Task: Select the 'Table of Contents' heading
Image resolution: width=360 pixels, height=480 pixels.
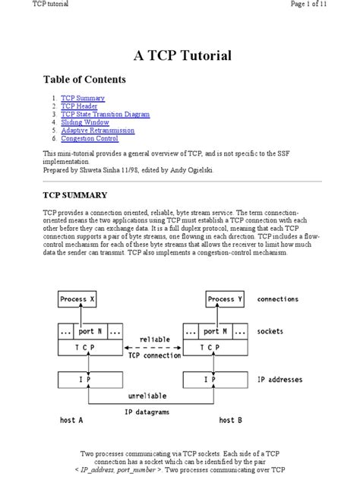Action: [x=84, y=79]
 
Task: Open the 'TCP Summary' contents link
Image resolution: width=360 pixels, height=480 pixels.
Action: [x=83, y=99]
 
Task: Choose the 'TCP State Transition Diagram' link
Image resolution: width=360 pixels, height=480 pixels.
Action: [x=106, y=115]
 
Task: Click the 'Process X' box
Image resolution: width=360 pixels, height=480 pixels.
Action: [x=79, y=299]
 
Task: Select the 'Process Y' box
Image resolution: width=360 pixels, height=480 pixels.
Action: [x=226, y=299]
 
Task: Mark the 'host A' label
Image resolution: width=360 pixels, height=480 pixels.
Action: [x=73, y=420]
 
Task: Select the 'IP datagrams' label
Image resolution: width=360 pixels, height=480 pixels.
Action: [x=147, y=411]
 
